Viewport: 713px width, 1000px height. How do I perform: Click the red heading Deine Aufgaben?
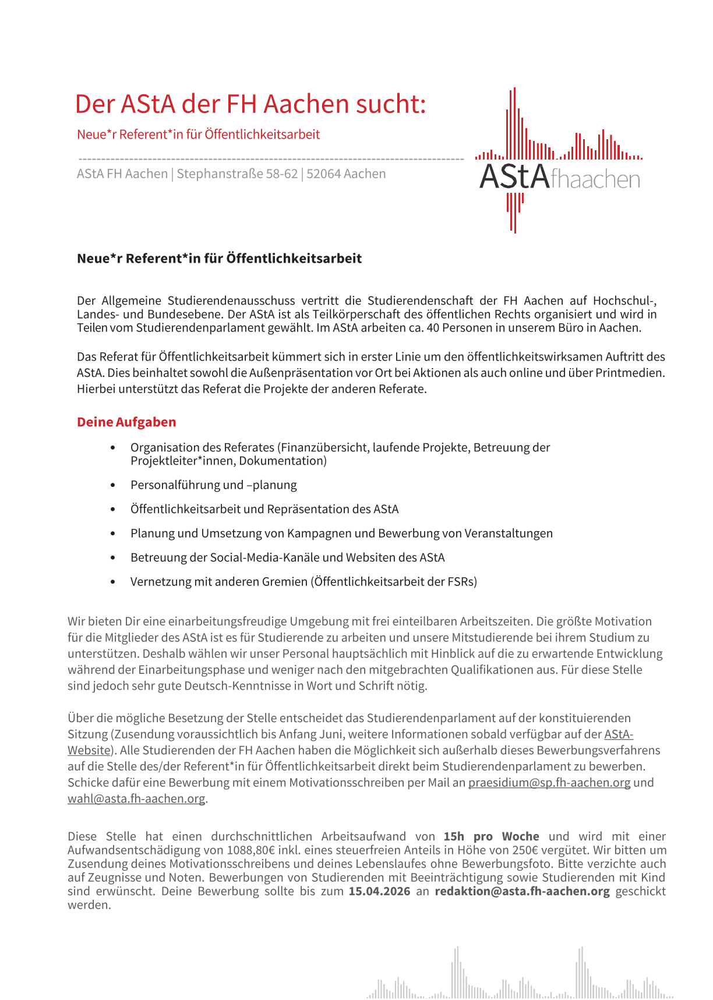click(x=126, y=422)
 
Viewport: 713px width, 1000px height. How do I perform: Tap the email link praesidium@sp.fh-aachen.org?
click(x=549, y=783)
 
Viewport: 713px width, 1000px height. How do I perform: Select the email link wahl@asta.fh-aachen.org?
click(x=136, y=798)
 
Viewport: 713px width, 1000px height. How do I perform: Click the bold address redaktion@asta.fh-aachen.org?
click(x=522, y=892)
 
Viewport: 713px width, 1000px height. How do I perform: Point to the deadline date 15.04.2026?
click(x=379, y=892)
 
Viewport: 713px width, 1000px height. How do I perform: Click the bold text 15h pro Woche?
click(x=491, y=837)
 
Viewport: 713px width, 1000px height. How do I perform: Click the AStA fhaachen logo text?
click(x=559, y=178)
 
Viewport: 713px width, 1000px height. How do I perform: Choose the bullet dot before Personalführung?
click(x=113, y=485)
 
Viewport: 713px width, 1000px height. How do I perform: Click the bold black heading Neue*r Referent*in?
click(x=219, y=259)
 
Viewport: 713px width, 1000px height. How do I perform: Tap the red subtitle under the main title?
click(x=198, y=135)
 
